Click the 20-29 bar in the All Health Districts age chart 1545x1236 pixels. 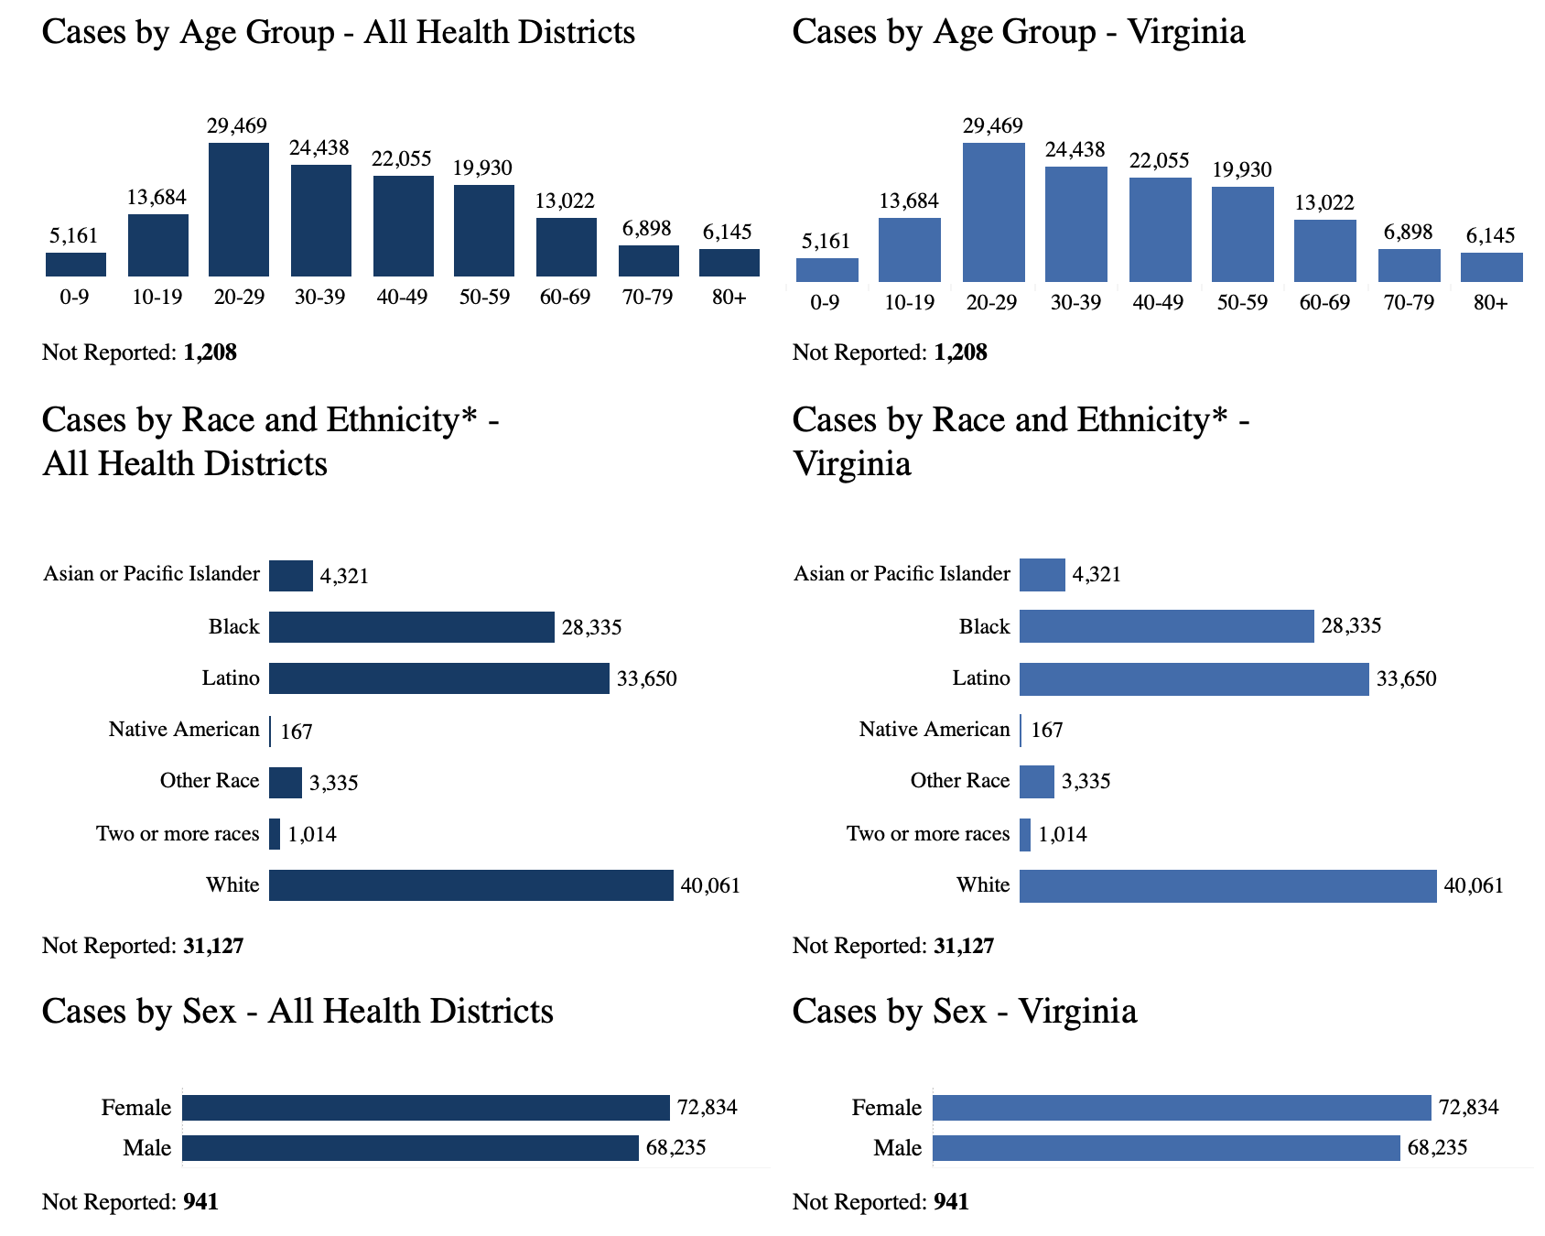[239, 210]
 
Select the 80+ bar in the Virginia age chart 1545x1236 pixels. [1491, 266]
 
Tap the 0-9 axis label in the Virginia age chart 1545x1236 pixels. [825, 302]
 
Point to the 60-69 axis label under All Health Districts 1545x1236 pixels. [566, 297]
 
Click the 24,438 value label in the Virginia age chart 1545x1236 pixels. [1075, 149]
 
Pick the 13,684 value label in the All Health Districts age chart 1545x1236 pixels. [157, 197]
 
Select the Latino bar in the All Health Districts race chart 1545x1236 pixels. [438, 678]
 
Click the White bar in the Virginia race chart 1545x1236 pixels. [1227, 886]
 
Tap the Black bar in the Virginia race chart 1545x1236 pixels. [1166, 627]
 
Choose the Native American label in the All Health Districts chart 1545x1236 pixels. [184, 730]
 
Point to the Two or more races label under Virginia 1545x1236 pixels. [928, 834]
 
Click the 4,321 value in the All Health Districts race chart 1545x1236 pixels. [344, 576]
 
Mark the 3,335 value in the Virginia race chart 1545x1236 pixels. [1086, 782]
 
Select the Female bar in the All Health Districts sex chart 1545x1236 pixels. [426, 1108]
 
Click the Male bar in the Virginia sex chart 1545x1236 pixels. [1166, 1148]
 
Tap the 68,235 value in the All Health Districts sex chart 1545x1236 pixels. [675, 1148]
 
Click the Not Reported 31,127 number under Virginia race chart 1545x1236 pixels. [964, 946]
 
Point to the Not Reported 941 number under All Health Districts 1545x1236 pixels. [200, 1202]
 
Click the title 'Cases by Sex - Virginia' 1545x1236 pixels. [965, 1012]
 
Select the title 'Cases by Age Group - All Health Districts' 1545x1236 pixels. [339, 32]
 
